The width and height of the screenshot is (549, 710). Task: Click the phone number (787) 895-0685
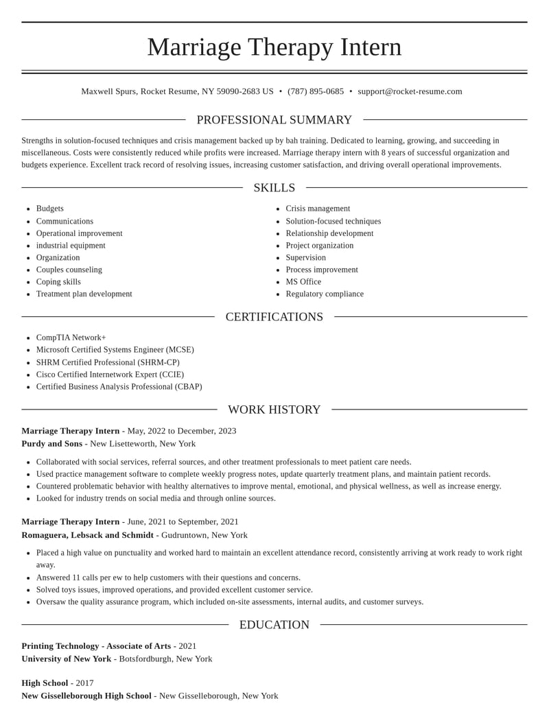point(316,91)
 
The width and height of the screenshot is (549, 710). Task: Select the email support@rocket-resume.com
point(410,91)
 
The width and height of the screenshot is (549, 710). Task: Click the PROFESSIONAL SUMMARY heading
point(274,120)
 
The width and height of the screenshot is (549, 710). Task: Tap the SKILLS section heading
point(274,188)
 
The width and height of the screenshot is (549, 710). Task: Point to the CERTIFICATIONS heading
point(274,317)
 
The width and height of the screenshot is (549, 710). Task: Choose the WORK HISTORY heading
point(274,410)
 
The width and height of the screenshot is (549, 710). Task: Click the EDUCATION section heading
point(274,625)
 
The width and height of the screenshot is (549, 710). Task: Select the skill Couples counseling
point(69,270)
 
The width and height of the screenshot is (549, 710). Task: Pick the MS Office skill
point(303,282)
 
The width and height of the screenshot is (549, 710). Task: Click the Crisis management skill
point(318,209)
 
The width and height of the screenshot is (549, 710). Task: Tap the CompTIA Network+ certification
point(71,338)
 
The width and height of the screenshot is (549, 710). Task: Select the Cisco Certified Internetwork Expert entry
point(110,375)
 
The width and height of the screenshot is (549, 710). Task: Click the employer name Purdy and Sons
point(51,444)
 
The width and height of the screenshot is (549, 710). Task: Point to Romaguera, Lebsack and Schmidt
point(87,535)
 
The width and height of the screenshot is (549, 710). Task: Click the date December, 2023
point(207,431)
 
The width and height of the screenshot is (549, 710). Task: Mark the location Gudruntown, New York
point(205,535)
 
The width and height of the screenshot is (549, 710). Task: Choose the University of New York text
point(66,659)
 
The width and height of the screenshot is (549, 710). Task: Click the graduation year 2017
point(84,683)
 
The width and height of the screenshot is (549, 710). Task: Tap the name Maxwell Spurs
point(108,91)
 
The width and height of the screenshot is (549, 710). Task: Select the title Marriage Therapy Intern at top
point(274,47)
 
